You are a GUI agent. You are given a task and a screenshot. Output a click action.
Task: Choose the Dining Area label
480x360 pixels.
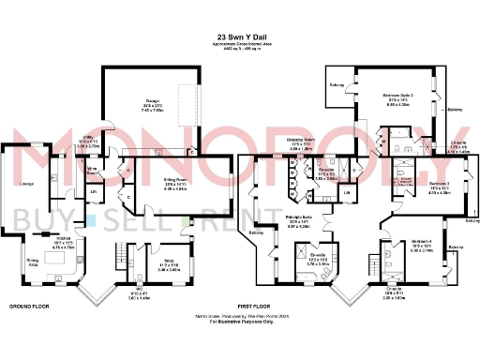click(x=33, y=235)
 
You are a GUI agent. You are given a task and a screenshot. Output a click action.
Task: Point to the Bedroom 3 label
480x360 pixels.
click(x=441, y=183)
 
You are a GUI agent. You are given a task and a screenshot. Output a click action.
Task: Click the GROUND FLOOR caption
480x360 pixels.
click(x=28, y=280)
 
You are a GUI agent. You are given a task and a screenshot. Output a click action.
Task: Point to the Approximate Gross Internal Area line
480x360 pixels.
click(x=239, y=44)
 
